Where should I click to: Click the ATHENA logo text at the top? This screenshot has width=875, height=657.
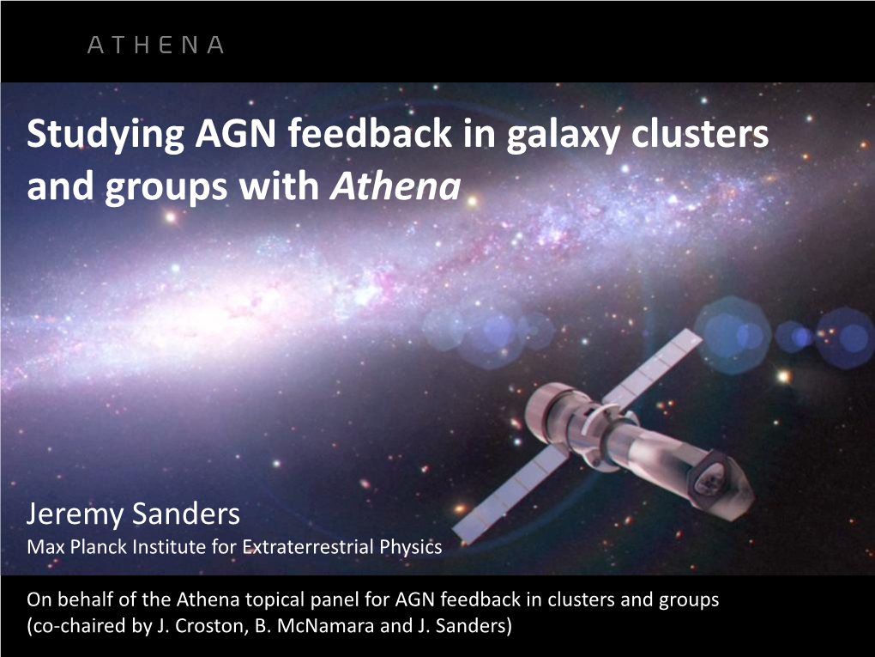coord(155,46)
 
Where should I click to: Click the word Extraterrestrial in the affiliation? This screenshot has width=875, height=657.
coord(301,546)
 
